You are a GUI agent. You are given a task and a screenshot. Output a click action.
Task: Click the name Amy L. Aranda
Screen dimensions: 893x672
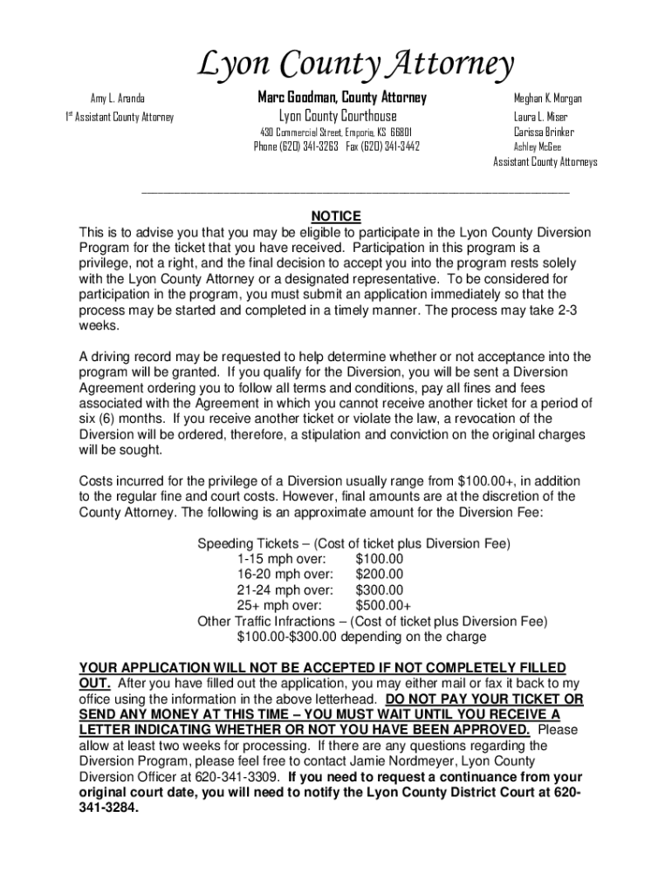pos(118,99)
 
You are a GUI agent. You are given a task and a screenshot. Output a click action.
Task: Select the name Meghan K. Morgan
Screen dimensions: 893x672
pos(547,99)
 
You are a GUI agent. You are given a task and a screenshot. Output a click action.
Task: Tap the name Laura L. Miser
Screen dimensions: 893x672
pos(540,116)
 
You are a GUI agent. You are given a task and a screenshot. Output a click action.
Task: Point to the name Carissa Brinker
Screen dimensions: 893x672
pos(544,132)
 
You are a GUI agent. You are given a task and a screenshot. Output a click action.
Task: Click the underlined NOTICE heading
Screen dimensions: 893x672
pos(336,217)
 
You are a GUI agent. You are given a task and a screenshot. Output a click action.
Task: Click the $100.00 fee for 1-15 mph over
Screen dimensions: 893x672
pos(380,558)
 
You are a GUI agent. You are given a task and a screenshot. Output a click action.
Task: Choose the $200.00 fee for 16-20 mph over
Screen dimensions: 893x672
pos(380,574)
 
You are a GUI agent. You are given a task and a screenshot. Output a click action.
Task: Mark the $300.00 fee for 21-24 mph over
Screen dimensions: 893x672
pos(380,590)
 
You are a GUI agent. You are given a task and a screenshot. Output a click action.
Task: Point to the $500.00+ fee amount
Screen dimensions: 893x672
pos(383,605)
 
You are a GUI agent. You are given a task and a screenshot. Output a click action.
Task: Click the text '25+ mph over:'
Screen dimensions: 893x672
pos(279,605)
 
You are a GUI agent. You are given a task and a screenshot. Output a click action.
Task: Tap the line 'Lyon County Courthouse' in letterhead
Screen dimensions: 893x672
pos(338,116)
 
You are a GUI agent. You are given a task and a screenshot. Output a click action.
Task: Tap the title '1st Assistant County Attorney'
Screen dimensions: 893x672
pos(120,117)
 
